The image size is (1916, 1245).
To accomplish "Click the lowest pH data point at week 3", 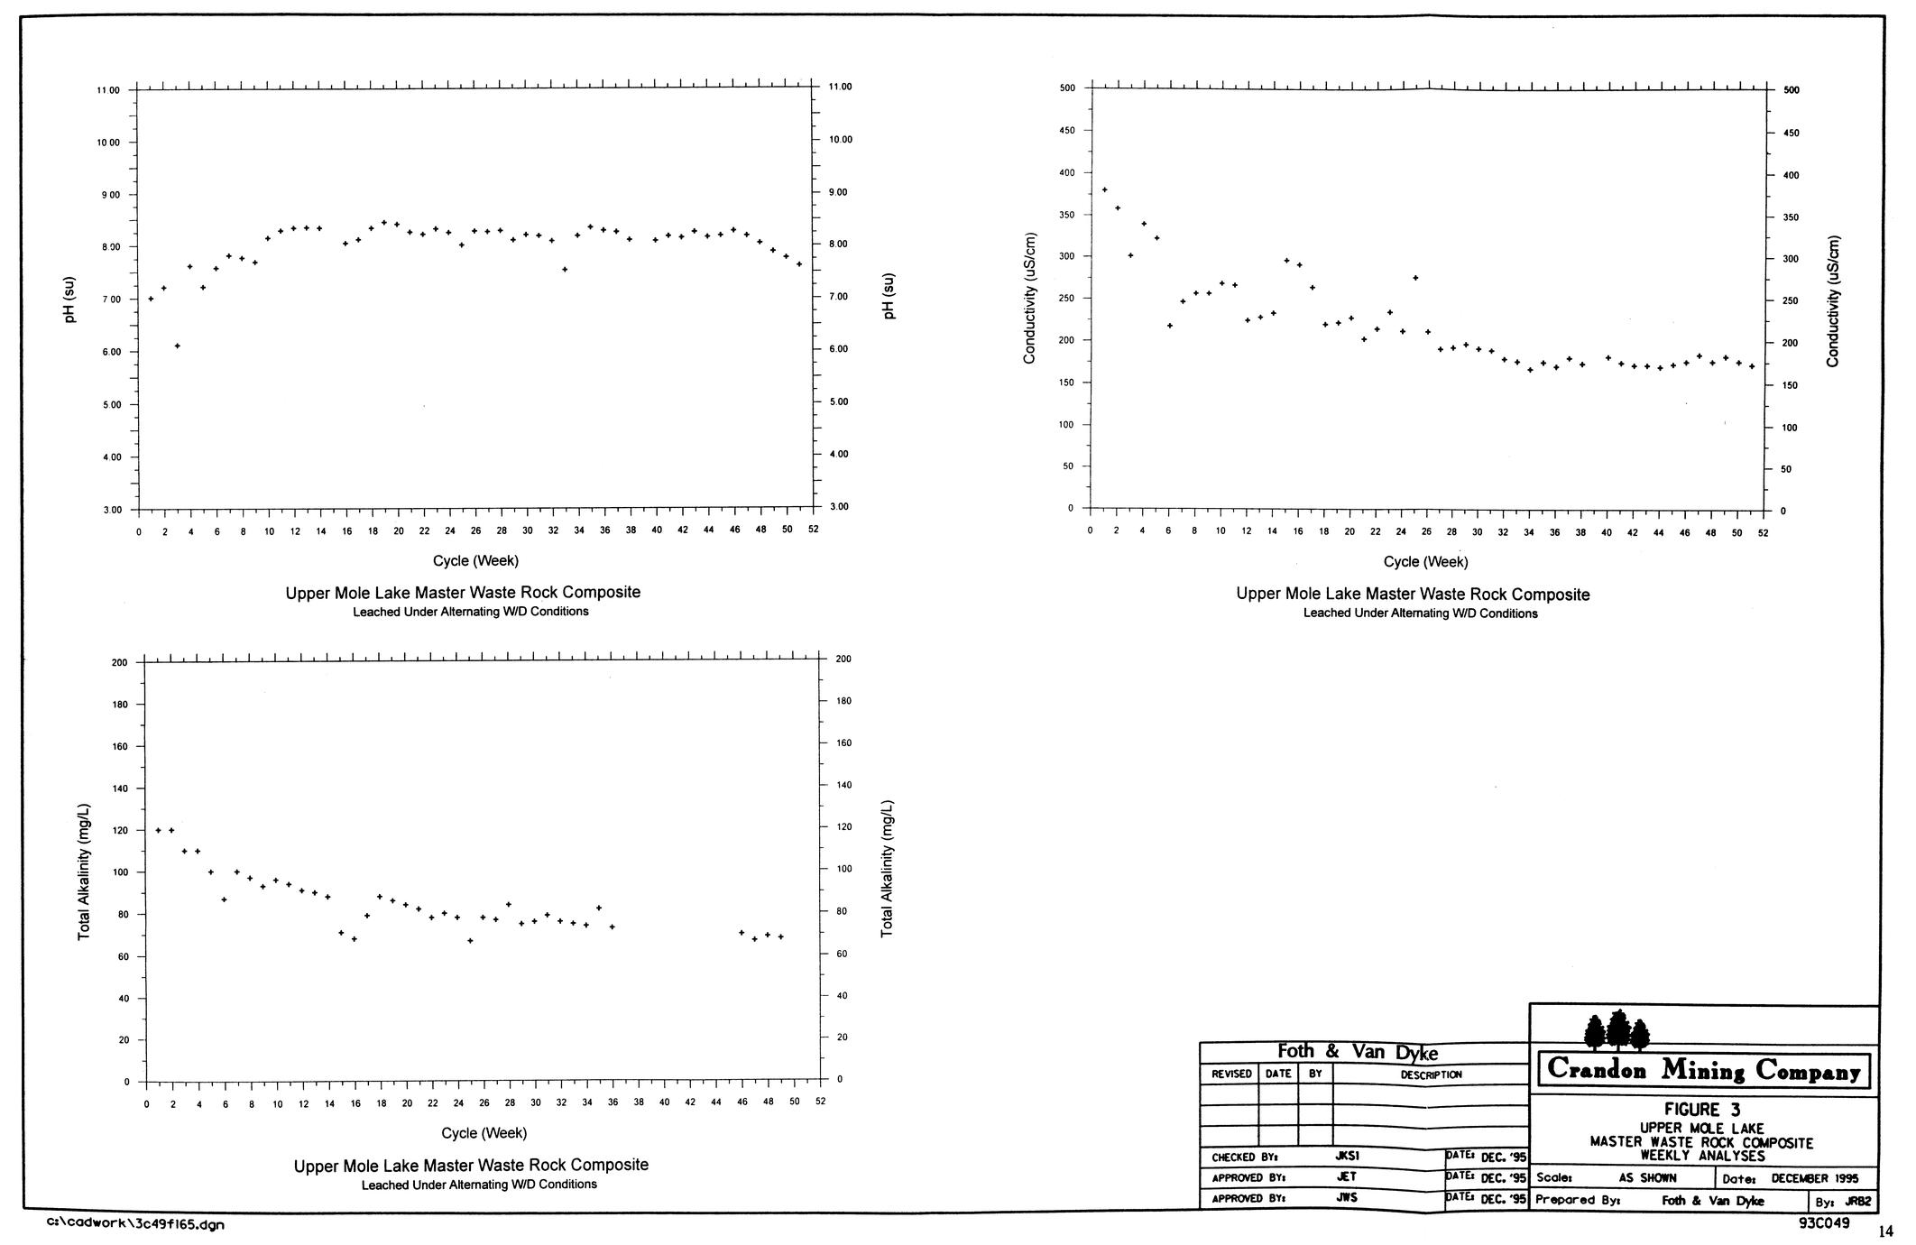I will pos(178,346).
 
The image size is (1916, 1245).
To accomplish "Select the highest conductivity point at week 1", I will pos(1105,189).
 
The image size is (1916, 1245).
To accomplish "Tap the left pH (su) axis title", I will pos(70,300).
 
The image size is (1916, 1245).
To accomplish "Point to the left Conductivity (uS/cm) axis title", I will pos(1029,299).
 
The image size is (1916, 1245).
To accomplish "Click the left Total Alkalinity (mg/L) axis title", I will pos(84,871).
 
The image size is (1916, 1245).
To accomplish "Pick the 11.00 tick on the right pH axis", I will pos(839,87).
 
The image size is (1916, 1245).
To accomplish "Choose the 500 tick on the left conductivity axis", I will pos(1067,88).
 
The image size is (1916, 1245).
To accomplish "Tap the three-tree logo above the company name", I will pos(1617,1030).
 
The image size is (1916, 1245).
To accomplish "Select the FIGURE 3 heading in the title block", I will pos(1702,1110).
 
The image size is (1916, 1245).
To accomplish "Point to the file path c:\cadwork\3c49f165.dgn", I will pos(135,1224).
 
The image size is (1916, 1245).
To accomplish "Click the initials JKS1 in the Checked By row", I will pos(1347,1155).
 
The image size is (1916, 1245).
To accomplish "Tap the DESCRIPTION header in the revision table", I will pos(1431,1074).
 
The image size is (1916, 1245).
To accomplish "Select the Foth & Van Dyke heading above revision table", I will pos(1358,1052).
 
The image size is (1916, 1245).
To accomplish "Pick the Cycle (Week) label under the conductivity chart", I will pos(1425,562).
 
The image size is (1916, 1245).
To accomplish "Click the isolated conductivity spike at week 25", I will pos(1415,278).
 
